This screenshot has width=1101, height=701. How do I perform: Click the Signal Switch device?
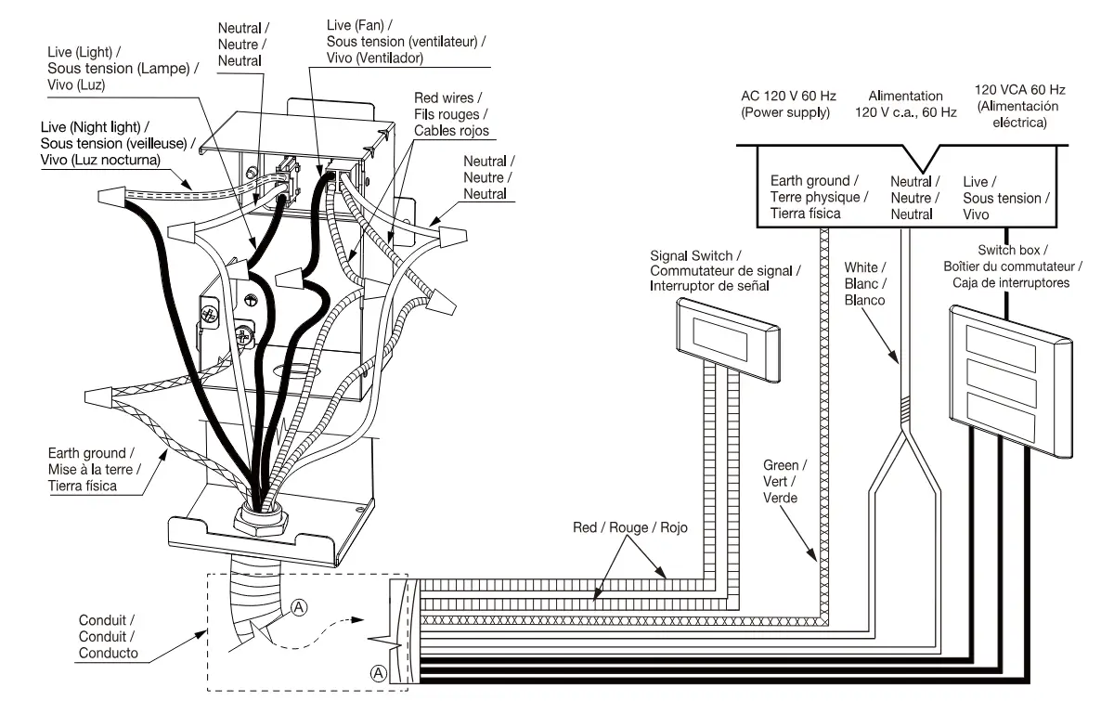point(728,336)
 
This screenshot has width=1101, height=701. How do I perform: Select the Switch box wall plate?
point(1011,380)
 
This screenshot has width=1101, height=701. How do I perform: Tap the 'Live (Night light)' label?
point(118,143)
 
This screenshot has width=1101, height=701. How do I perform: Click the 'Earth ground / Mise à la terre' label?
point(94,469)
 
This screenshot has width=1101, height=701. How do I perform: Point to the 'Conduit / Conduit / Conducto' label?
point(108,636)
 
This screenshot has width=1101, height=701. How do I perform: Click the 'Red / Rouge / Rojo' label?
point(629,527)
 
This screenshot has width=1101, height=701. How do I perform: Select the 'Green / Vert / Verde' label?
point(784,481)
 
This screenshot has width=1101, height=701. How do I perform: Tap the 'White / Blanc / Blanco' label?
point(865,284)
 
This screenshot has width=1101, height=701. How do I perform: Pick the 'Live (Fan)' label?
point(406,42)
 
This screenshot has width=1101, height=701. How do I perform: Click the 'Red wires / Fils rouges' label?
point(451,114)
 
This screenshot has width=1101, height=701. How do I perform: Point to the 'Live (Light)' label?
point(123,68)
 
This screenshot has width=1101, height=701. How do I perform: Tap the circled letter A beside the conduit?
point(299,607)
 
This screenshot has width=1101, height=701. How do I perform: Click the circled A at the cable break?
point(379,673)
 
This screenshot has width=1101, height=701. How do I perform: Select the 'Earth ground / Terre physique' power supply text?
point(819,198)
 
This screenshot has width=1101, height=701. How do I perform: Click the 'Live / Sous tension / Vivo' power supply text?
point(1005,198)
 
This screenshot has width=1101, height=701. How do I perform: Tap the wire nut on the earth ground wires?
point(99,396)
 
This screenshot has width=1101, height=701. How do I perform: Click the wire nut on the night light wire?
point(111,195)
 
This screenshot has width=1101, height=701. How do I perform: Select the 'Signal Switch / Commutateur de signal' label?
point(725,271)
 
